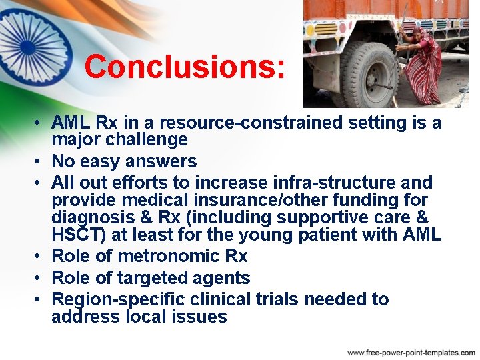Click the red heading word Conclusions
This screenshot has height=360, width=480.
[x=185, y=67]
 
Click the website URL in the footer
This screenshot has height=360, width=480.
[x=411, y=352]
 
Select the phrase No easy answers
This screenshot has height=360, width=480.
[x=124, y=161]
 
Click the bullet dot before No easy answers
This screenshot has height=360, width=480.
[x=40, y=162]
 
